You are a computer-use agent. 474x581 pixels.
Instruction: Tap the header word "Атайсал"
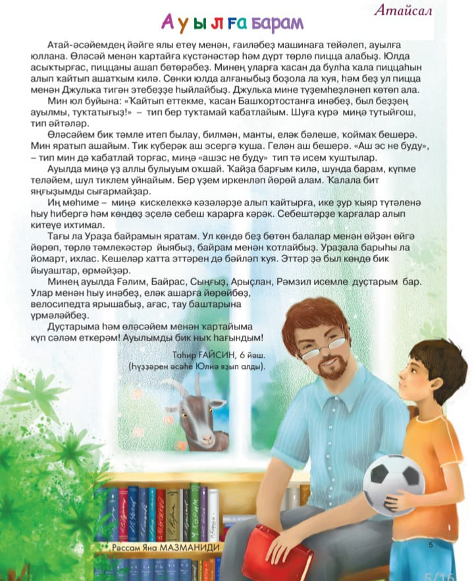402,11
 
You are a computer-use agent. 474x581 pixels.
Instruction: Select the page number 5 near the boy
431,545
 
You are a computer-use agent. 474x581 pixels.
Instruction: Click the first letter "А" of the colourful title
168,24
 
